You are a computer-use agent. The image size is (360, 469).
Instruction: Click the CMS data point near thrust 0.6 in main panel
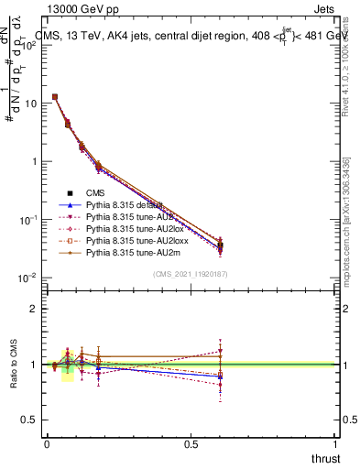click(x=220, y=245)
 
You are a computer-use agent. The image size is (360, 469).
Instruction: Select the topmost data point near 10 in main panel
click(x=55, y=96)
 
